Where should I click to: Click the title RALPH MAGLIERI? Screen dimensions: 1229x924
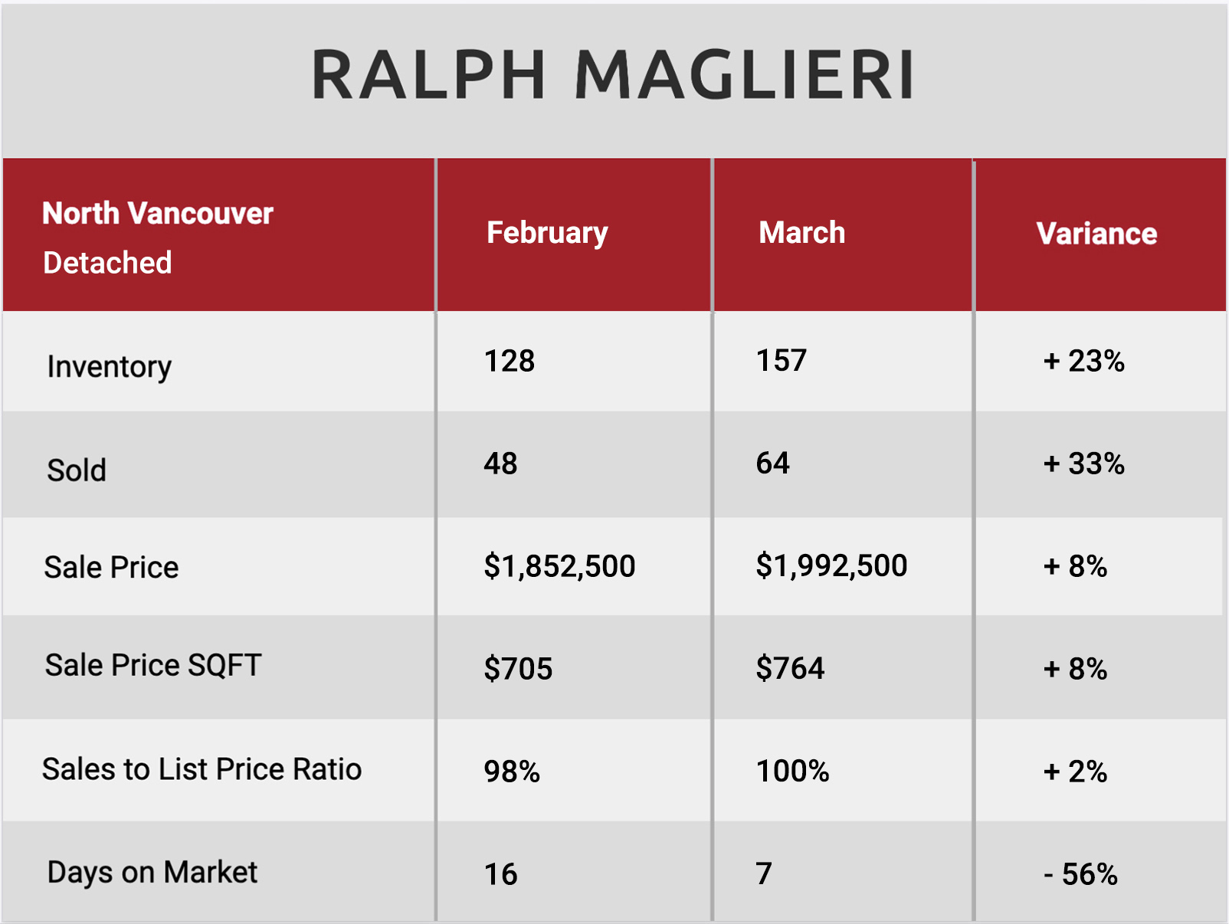coord(612,74)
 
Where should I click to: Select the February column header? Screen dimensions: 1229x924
coord(547,234)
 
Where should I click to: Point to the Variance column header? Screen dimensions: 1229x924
coord(1096,234)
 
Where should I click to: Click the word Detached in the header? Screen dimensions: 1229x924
coord(107,263)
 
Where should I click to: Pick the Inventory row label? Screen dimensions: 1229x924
coord(109,368)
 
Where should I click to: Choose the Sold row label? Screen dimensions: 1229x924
coord(77,470)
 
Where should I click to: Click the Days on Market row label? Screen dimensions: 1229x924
coord(152,873)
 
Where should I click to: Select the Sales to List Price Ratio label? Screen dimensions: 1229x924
coord(202,769)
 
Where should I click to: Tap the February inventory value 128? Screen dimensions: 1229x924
coord(510,360)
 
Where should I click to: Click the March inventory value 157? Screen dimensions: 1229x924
coord(781,360)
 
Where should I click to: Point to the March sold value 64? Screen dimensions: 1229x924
coord(772,463)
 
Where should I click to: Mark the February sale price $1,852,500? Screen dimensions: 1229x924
coord(559,566)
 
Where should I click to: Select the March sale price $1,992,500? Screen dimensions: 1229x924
coord(831,565)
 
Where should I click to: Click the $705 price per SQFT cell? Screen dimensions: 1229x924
coord(518,669)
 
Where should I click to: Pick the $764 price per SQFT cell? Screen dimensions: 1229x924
coord(790,668)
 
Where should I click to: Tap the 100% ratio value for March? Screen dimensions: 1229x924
coord(792,771)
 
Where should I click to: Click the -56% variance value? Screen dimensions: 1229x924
coord(1080,874)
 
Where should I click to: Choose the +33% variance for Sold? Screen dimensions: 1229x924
coord(1084,464)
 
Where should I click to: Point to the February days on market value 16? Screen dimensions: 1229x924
coord(500,874)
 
